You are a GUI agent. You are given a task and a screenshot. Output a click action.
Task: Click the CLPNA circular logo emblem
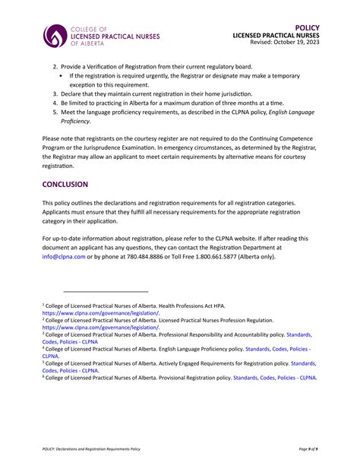pos(55,35)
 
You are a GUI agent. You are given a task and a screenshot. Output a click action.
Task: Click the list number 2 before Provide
pos(55,67)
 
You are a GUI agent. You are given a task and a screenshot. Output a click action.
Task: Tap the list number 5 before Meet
pos(55,112)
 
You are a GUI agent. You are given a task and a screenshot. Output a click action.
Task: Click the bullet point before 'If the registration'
pos(61,76)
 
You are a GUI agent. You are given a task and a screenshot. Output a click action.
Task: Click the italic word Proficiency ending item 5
pos(75,121)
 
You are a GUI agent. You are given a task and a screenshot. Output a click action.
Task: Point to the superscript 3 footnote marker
pos(43,332)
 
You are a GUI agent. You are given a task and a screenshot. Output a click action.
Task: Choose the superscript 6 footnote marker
pos(43,376)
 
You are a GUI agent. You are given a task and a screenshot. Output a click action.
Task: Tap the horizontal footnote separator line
pos(106,291)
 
